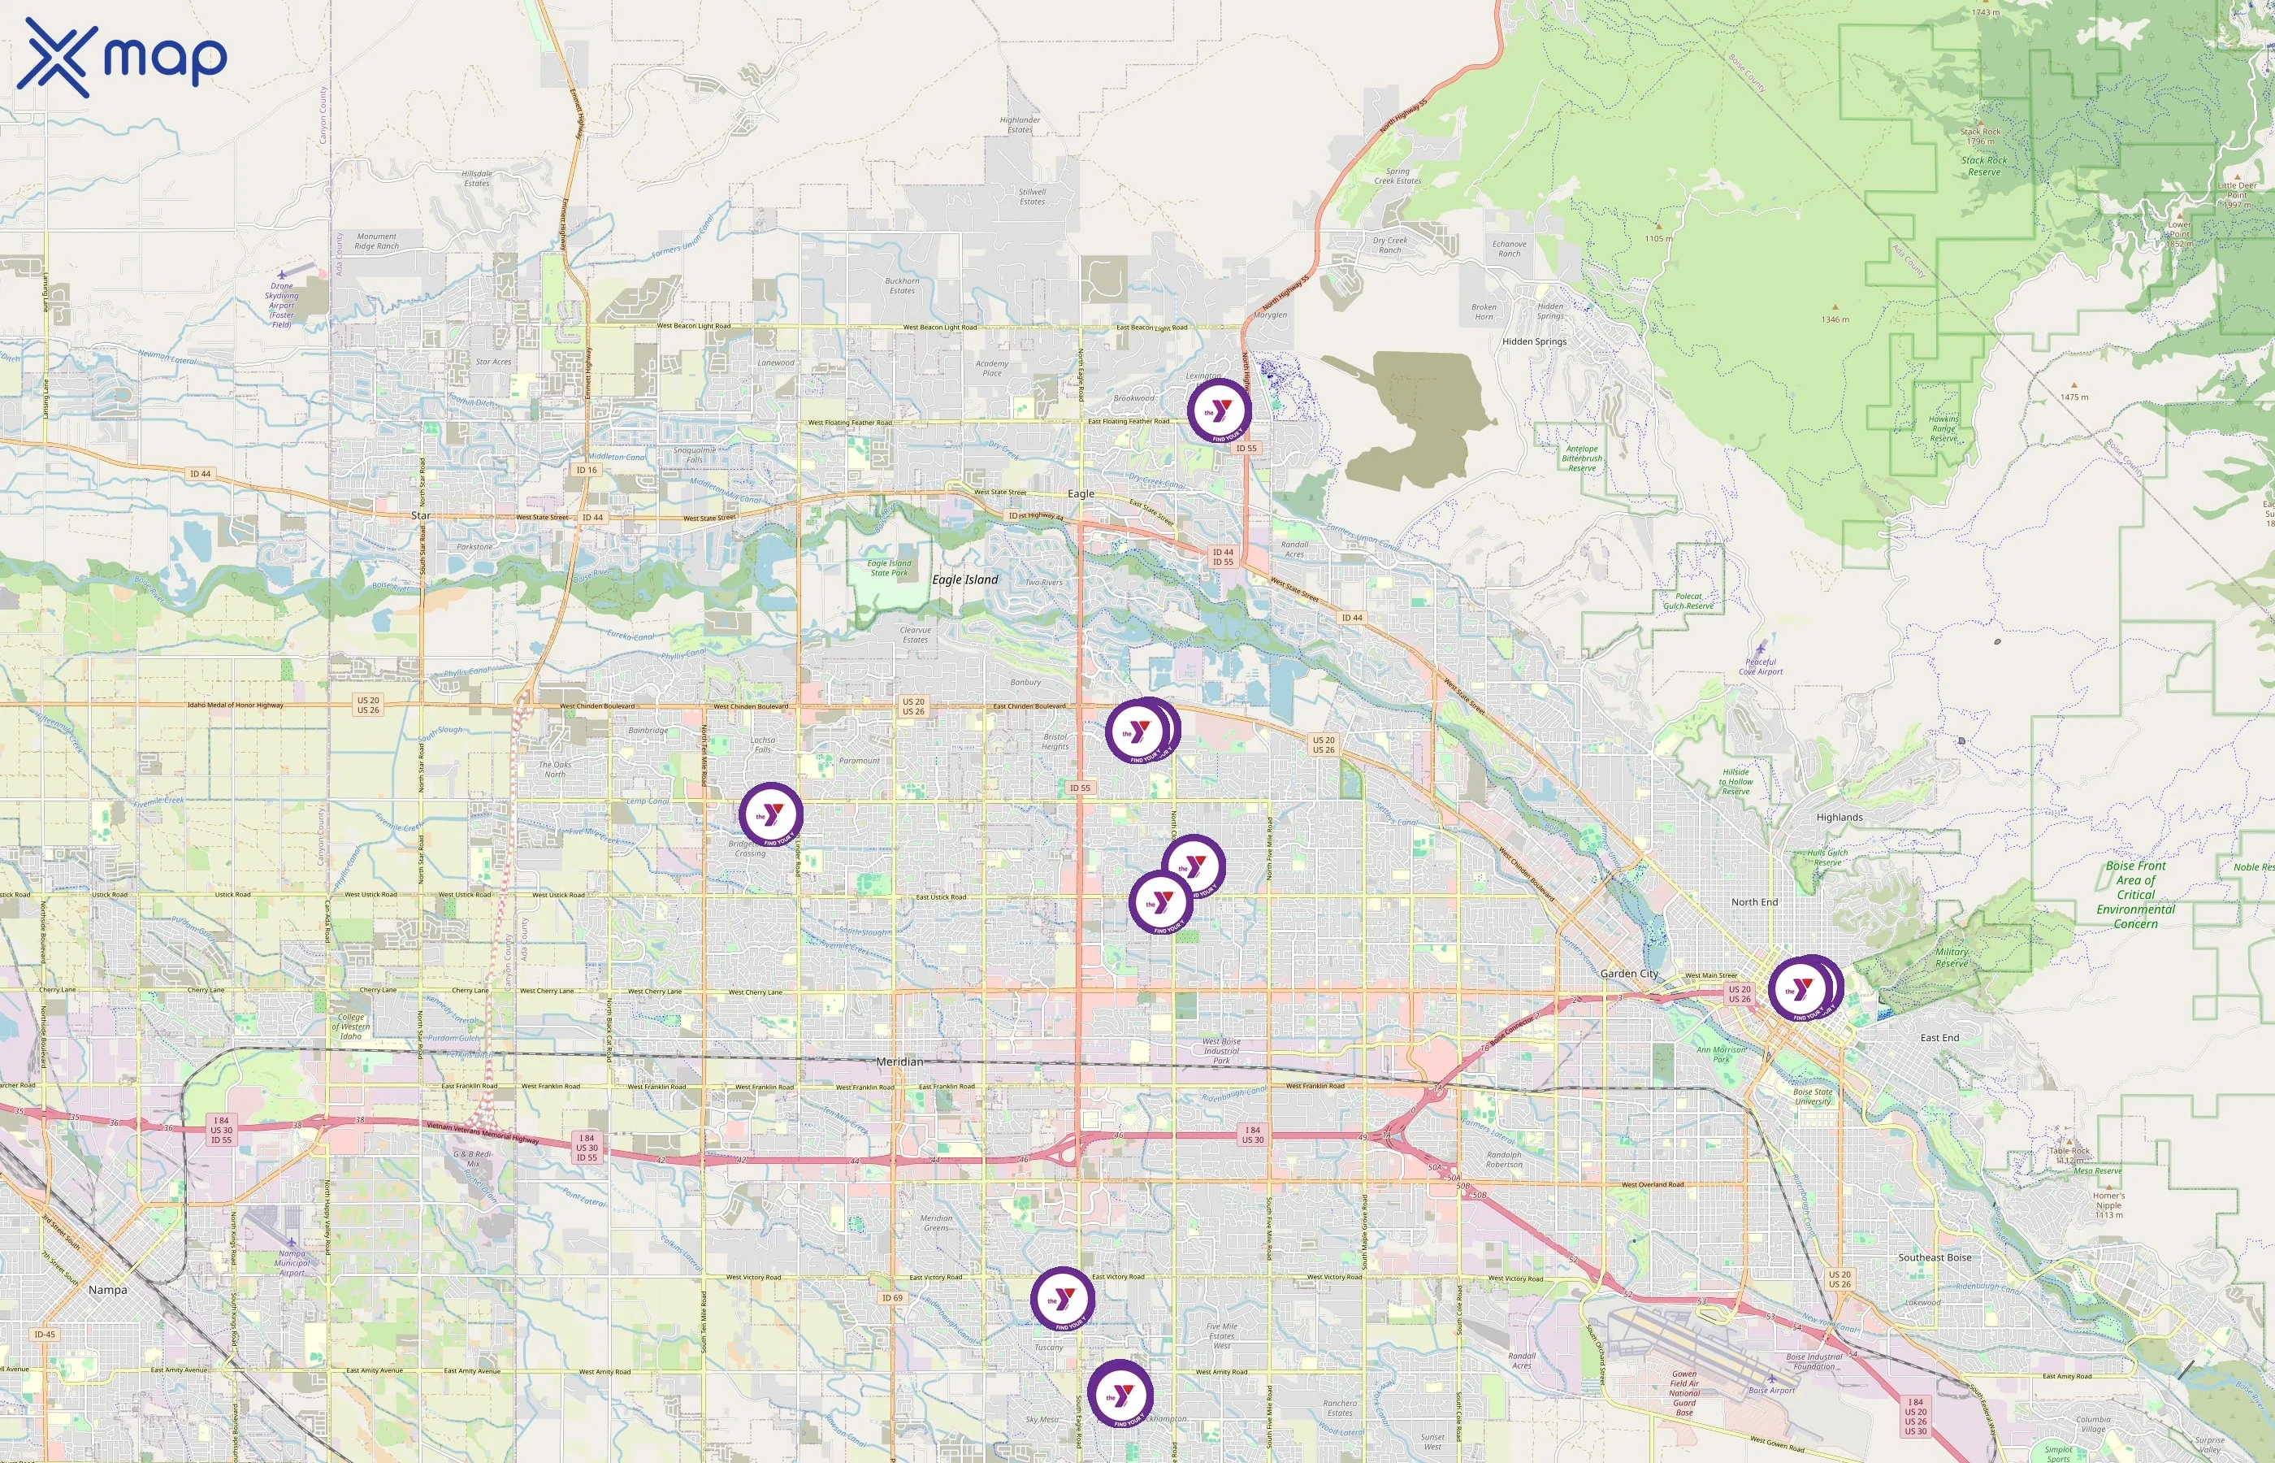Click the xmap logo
[x=122, y=57]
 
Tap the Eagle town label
[x=1081, y=494]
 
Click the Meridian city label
[x=899, y=1061]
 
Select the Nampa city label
[x=107, y=1290]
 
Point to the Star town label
[x=421, y=515]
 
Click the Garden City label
[x=1629, y=974]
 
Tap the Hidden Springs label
[x=1534, y=342]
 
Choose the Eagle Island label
[x=964, y=580]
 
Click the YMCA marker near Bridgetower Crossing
[x=771, y=815]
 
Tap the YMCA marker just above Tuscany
[x=1063, y=1299]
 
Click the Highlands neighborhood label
[x=1839, y=817]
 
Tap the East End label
[x=1939, y=1037]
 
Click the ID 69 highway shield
[x=892, y=1298]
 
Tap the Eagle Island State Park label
[x=889, y=568]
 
